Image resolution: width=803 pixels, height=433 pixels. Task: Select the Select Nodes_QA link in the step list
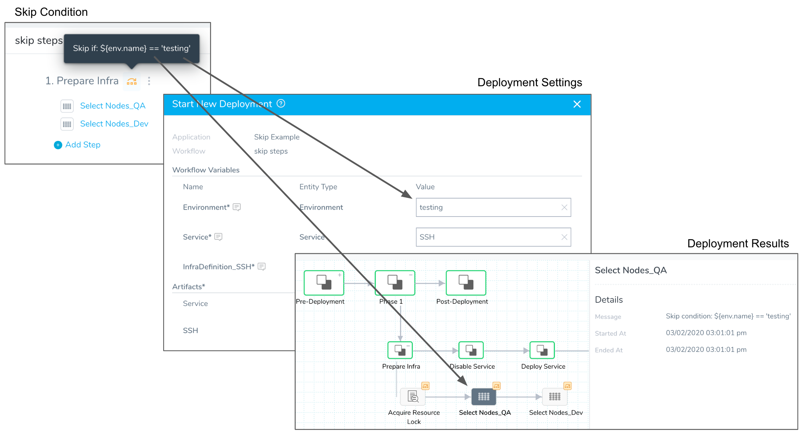pos(113,106)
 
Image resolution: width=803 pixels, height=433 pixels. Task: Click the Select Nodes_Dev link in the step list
pos(114,124)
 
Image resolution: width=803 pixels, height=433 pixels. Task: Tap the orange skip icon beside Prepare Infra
pos(132,81)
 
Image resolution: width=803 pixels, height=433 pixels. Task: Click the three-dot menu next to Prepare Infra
pos(149,81)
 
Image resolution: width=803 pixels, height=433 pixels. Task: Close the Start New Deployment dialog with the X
pos(577,104)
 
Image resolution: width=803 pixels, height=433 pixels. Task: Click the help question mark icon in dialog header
pos(281,103)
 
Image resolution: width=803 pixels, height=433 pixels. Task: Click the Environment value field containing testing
pos(493,207)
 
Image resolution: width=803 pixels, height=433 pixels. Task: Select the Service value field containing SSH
pos(493,237)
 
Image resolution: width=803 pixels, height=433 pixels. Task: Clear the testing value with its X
pos(564,207)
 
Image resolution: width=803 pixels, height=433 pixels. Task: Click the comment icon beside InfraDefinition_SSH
pos(262,266)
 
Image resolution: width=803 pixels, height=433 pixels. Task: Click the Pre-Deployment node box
pos(324,283)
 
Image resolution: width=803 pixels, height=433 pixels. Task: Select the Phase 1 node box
pos(395,283)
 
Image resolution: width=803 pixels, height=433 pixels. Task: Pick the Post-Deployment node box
pos(466,283)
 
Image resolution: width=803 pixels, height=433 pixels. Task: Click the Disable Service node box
pos(471,350)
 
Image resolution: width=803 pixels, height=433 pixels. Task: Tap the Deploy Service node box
pos(542,350)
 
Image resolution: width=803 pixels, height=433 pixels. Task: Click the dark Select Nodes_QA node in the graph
pos(484,397)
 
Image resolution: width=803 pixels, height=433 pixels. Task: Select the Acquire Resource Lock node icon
pos(413,397)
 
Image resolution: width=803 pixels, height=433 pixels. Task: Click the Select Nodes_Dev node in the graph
pos(555,397)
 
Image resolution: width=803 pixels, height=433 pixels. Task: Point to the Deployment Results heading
pos(738,244)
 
